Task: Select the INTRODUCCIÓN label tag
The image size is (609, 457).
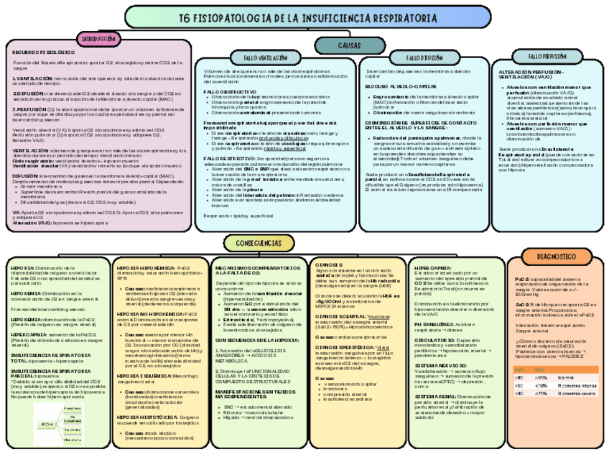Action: pyautogui.click(x=98, y=39)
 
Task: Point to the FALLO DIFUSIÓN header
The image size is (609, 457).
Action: pyautogui.click(x=424, y=57)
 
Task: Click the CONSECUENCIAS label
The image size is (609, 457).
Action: pyautogui.click(x=257, y=243)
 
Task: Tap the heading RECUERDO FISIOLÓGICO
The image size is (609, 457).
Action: pyautogui.click(x=44, y=52)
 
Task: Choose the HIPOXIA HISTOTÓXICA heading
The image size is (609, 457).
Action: pyautogui.click(x=149, y=417)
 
